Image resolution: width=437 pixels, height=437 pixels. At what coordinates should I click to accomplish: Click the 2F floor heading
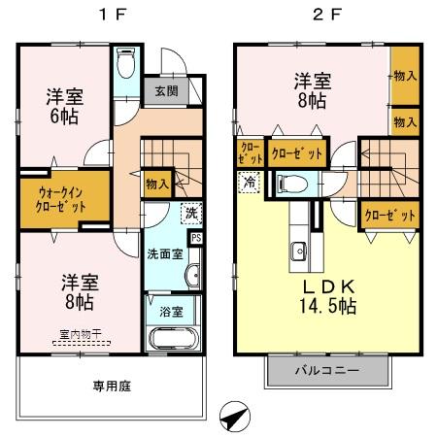pos(327,16)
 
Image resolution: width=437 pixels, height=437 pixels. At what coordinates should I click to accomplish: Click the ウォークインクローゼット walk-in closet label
pos(50,199)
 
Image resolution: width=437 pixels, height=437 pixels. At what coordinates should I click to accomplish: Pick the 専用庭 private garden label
pos(113,386)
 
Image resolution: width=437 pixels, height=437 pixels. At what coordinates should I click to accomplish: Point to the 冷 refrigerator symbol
pos(251,181)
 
